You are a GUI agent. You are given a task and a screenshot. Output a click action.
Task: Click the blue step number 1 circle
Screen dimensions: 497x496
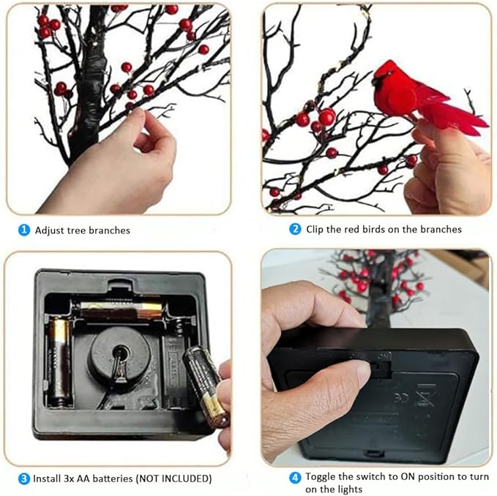(24, 230)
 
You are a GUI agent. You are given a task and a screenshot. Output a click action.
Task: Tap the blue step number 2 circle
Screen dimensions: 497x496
(295, 229)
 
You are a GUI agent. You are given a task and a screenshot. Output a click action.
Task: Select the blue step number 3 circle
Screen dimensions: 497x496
(24, 478)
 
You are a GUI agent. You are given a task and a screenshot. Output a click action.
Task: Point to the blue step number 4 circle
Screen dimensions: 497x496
(295, 478)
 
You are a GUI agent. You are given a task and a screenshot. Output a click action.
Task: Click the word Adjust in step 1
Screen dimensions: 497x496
(50, 230)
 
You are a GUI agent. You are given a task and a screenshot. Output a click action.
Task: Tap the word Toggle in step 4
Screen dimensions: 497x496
(321, 477)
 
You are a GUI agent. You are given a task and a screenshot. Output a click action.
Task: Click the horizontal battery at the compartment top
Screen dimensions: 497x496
(122, 310)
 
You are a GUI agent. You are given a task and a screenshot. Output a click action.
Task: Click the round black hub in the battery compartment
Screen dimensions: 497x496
(121, 356)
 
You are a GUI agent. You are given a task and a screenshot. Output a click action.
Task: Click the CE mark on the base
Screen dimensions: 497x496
(400, 398)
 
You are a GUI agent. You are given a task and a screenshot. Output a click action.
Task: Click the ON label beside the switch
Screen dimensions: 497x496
(384, 356)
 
